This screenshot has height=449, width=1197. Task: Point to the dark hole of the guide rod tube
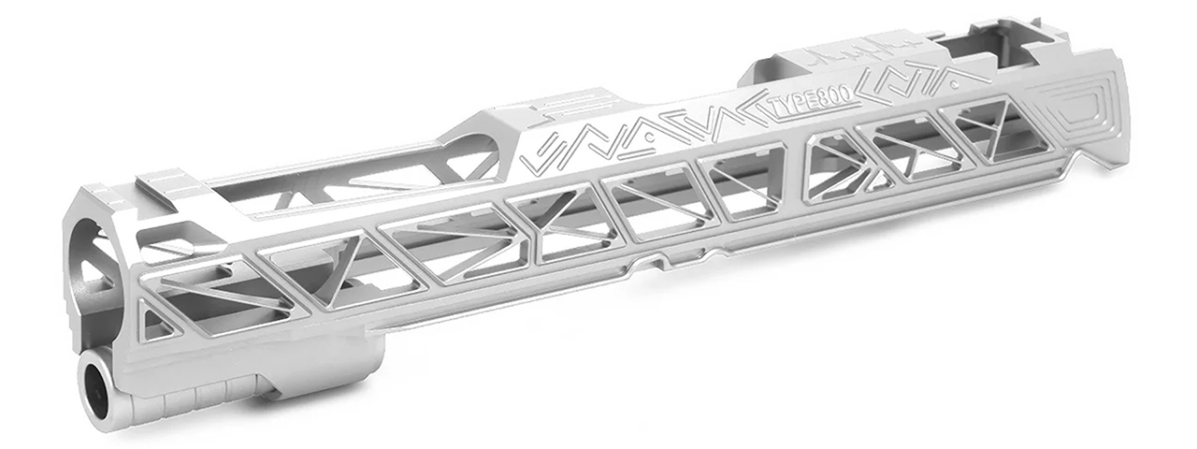(x=96, y=381)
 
